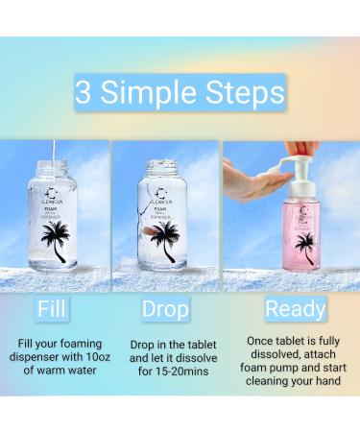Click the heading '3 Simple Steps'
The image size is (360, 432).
click(180, 92)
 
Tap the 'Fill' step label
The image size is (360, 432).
click(52, 310)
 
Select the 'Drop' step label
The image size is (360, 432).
click(165, 310)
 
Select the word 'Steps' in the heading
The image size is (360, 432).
click(244, 92)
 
